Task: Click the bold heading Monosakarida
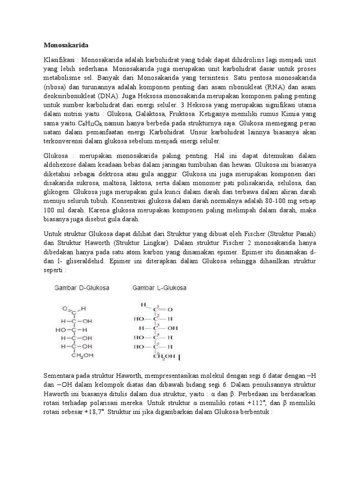pos(66,45)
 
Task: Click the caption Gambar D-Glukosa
pos(81,288)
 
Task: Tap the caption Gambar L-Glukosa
pos(160,288)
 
